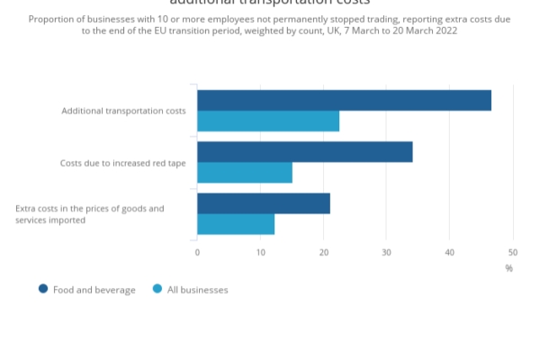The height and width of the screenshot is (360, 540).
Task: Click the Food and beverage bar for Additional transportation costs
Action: [344, 100]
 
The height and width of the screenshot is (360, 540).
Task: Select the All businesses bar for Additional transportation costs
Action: [268, 121]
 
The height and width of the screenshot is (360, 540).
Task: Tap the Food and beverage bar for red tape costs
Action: [304, 152]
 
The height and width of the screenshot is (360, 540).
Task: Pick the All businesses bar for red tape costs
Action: [245, 172]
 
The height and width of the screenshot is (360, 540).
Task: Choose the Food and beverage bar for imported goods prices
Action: [264, 203]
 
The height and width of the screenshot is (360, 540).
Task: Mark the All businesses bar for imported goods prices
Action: [236, 224]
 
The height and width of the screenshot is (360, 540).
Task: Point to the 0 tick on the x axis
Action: [197, 252]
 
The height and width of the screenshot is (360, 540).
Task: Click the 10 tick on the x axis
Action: [260, 252]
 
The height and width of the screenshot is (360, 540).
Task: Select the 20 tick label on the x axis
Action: [323, 252]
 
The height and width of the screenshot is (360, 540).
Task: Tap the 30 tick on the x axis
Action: [386, 252]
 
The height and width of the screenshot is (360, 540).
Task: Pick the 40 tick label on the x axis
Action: [449, 252]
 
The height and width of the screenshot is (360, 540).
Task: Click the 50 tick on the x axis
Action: [512, 252]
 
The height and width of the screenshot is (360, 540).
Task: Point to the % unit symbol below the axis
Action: [508, 267]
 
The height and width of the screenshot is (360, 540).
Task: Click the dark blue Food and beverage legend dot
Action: [42, 290]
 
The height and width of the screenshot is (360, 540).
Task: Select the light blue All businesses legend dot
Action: [157, 290]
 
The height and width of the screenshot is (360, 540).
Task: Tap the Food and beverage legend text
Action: [94, 290]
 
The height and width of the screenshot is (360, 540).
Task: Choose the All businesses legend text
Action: [198, 290]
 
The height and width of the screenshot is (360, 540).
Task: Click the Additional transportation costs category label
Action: [123, 111]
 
